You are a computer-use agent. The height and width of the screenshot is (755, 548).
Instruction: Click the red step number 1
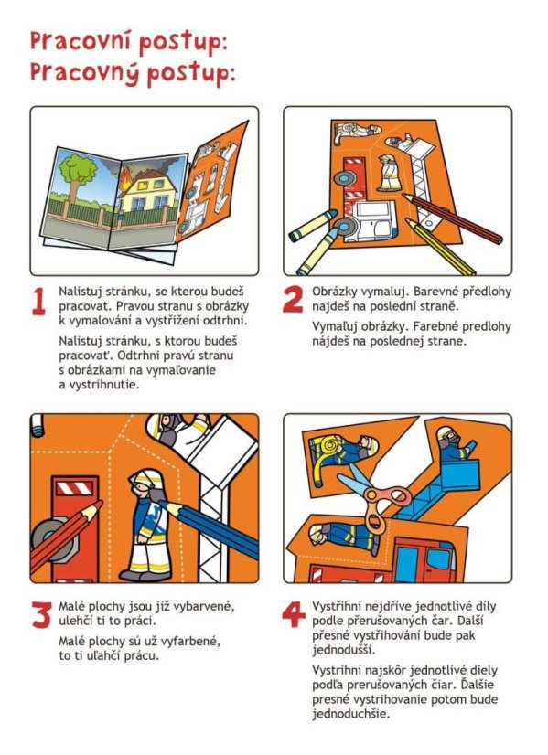tap(38, 302)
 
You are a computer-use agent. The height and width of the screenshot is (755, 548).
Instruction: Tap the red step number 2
tap(293, 299)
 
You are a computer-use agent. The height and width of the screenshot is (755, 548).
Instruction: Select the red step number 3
tap(41, 614)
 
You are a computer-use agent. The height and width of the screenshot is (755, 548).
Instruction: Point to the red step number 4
tap(294, 614)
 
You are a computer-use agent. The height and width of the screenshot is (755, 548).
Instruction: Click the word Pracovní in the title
tap(81, 42)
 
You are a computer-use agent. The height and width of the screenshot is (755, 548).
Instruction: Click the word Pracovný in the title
tap(84, 73)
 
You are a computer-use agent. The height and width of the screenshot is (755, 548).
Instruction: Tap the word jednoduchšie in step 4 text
tap(350, 714)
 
